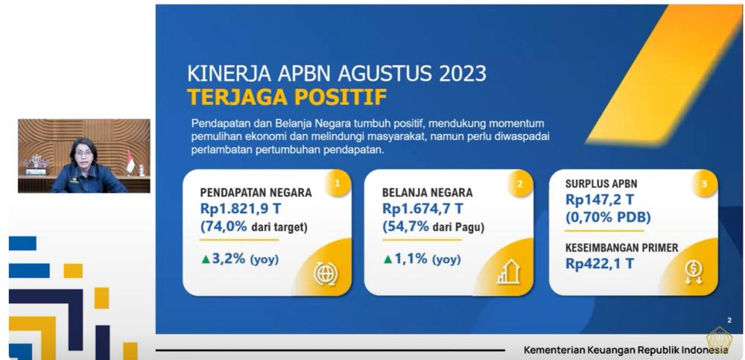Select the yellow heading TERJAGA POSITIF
tap(287, 97)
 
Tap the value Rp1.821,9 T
tap(242, 209)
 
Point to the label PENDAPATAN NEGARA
tap(256, 192)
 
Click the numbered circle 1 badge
tap(337, 182)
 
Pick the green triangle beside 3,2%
tap(206, 259)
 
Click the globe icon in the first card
tap(326, 274)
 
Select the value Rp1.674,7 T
tap(424, 209)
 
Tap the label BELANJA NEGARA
tap(427, 192)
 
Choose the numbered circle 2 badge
tap(519, 182)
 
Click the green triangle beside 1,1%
tap(387, 259)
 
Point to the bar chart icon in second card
tap(508, 273)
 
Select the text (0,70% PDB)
tap(608, 218)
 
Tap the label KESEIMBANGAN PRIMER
tap(621, 247)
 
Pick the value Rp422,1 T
tap(600, 263)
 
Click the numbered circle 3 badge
tap(704, 182)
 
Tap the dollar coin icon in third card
tap(694, 273)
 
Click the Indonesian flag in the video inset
tap(130, 162)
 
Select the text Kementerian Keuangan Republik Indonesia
tap(626, 350)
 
